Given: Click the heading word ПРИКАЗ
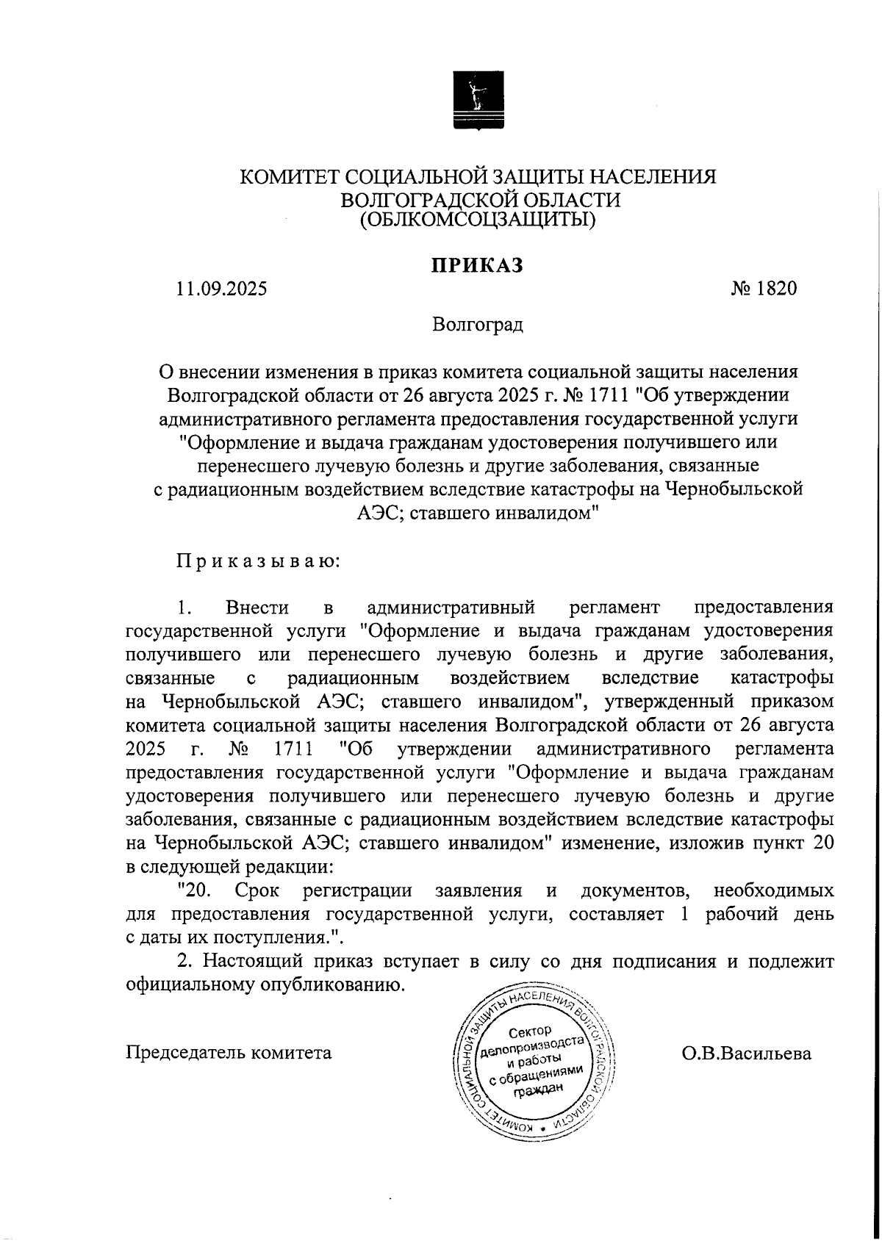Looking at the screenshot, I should click(477, 265).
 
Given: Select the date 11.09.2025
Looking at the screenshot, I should click(221, 289).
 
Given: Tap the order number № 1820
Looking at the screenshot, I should click(764, 289).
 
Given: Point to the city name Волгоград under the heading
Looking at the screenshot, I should click(478, 324).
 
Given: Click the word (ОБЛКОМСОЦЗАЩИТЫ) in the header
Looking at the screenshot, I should click(478, 219).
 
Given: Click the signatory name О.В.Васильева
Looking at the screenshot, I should click(746, 1054).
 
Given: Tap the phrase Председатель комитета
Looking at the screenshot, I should click(229, 1053).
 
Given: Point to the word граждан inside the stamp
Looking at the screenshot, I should click(539, 1090).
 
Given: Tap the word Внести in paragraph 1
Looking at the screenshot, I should click(257, 608).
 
